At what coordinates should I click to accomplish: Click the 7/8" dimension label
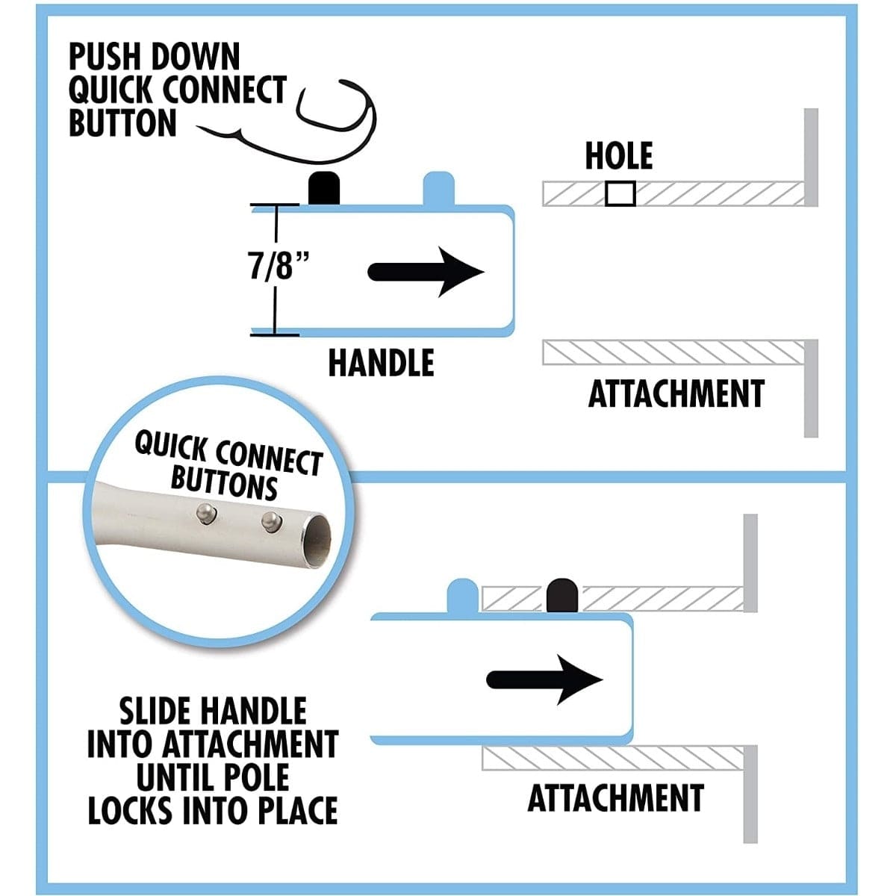pos(278,267)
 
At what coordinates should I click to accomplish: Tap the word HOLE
pos(618,156)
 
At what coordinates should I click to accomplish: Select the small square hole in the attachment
pos(620,194)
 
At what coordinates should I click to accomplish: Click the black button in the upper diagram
pos(325,187)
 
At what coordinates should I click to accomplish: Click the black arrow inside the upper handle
pos(426,272)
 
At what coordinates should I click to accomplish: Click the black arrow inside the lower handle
pos(544,679)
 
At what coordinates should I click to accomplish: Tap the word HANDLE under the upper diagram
pos(381,363)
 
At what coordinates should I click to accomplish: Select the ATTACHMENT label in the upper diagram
pos(676,394)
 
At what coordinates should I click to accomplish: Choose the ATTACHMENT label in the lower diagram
pos(615,798)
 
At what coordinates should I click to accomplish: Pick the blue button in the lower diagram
pos(462,595)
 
